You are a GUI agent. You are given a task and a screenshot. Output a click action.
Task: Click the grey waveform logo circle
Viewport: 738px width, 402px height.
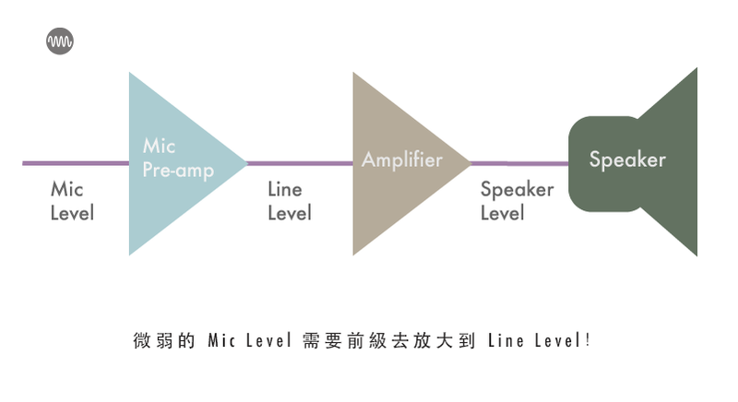click(60, 41)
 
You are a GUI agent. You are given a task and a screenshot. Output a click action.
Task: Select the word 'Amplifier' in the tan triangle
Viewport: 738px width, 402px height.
click(402, 160)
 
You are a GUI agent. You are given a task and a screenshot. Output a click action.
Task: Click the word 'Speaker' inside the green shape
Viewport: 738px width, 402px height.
click(627, 160)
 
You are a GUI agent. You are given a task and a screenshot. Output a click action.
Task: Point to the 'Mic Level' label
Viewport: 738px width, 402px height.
click(72, 201)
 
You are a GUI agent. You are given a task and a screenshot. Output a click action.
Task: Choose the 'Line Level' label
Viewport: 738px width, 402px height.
click(289, 201)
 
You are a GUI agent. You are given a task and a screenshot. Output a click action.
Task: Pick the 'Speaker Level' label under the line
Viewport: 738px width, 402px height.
click(517, 201)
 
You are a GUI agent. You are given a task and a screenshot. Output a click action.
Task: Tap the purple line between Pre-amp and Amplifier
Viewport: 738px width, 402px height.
click(300, 163)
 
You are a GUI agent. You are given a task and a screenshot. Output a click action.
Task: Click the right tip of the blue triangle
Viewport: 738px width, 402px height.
click(246, 163)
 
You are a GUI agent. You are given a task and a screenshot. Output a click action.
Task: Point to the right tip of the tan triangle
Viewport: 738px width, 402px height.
click(470, 163)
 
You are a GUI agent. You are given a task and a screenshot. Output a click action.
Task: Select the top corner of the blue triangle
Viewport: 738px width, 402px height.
click(130, 74)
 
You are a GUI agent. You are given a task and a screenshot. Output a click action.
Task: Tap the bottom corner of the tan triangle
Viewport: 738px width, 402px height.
click(354, 254)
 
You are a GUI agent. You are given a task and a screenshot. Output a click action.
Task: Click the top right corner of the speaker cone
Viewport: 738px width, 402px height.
click(696, 69)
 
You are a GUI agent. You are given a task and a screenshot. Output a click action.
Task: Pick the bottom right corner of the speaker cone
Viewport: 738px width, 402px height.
click(696, 254)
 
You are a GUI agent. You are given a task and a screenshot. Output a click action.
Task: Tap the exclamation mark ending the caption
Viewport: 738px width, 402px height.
click(588, 340)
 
